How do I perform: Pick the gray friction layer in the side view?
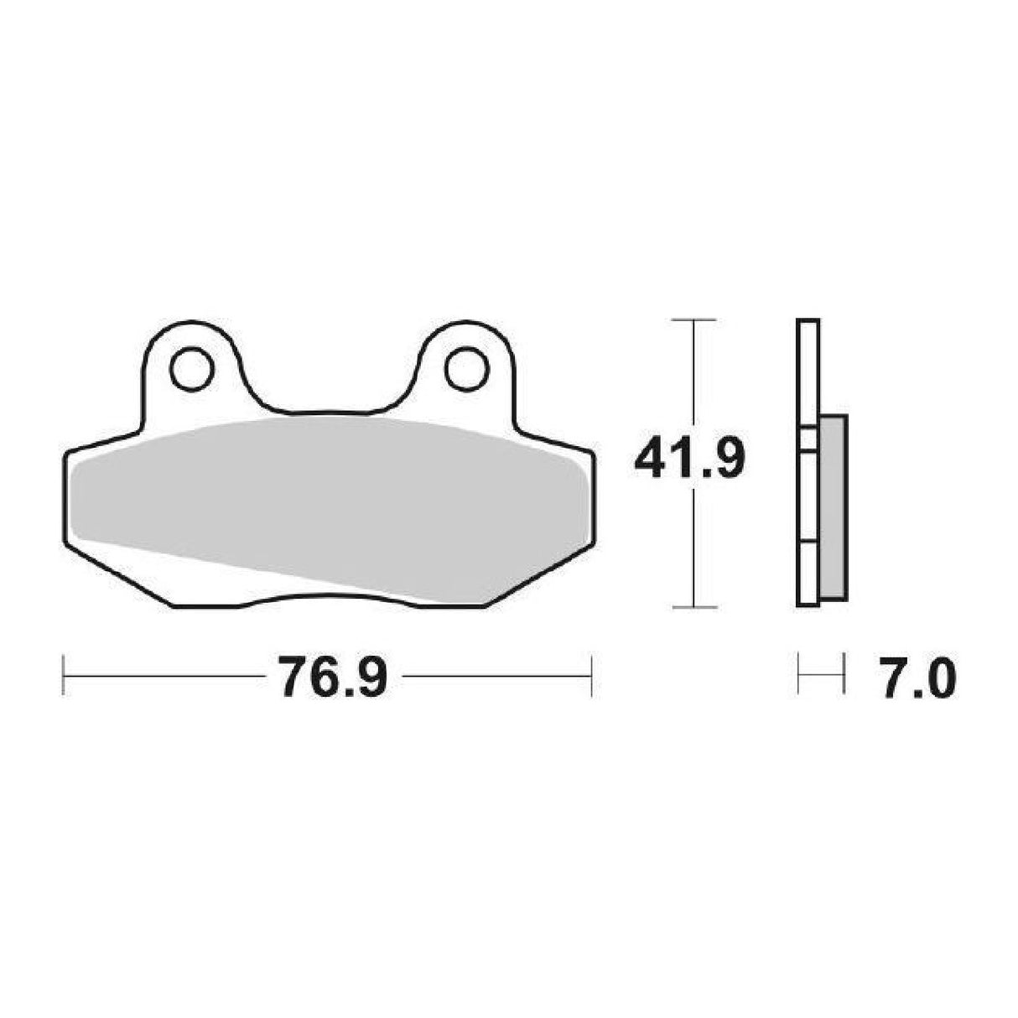tap(834, 507)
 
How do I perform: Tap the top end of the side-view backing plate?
tap(808, 322)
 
